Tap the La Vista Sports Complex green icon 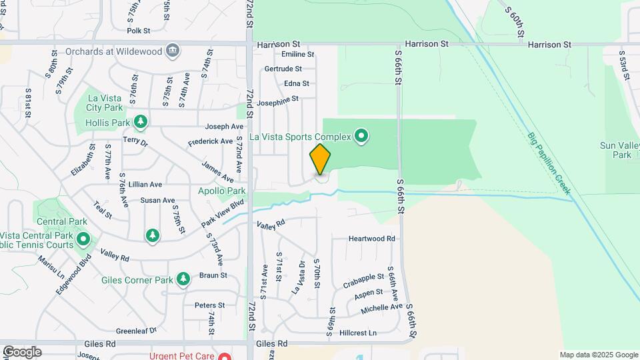361,137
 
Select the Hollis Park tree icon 140,121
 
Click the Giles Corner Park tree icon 183,279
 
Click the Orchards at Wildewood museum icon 173,50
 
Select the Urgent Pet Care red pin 225,356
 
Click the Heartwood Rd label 372,238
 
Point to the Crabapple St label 363,277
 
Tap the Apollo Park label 222,191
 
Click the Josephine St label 277,101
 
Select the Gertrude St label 283,69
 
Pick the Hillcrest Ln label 358,332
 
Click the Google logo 22,352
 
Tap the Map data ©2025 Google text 599,355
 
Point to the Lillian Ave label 146,185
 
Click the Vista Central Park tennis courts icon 83,239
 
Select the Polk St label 138,31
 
